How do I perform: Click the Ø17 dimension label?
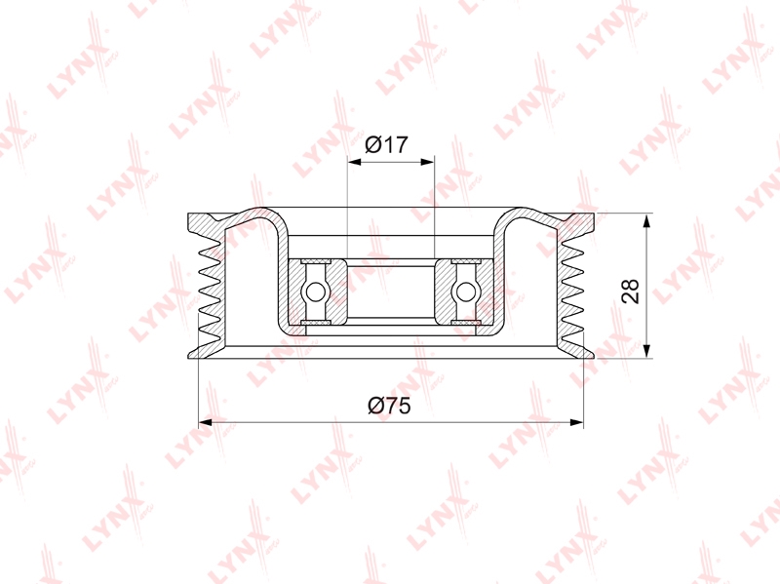coord(386,144)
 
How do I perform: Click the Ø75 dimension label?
coord(389,406)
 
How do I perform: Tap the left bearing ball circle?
coord(315,292)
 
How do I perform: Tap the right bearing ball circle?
coord(466,292)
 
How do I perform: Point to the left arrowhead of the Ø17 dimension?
coord(354,162)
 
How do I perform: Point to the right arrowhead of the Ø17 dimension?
coord(428,162)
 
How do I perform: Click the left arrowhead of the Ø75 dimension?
coord(206,422)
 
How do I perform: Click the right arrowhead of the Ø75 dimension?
coord(576,422)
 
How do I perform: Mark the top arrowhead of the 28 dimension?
coord(646,221)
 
